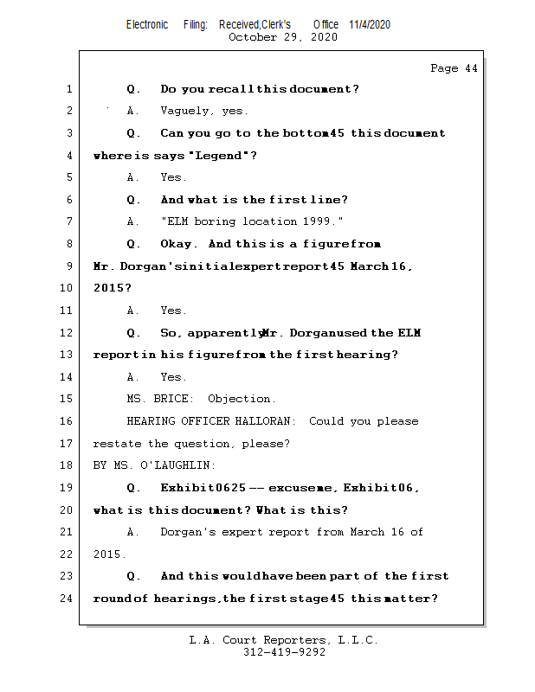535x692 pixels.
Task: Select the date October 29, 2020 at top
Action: click(282, 37)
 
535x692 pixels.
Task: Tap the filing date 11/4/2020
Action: click(370, 24)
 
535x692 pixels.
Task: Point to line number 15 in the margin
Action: click(67, 399)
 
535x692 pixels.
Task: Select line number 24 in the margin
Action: click(67, 599)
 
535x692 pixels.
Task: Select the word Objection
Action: click(242, 400)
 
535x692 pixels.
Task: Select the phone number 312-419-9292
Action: click(284, 653)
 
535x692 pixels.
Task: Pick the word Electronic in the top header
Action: click(147, 24)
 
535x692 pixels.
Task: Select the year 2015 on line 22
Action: click(108, 554)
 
